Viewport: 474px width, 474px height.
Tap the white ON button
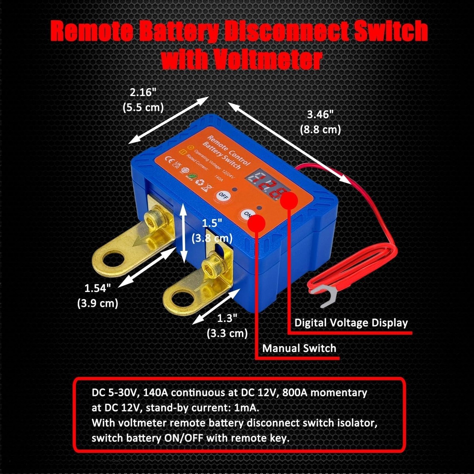coord(246,214)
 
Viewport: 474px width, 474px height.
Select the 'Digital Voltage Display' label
coord(351,323)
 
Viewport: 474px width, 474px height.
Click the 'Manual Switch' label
coord(299,348)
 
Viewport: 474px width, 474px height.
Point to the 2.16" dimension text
coord(143,92)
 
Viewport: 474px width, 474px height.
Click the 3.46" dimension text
coord(320,115)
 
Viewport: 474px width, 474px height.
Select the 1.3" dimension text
coord(227,318)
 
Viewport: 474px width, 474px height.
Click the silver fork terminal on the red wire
coord(325,295)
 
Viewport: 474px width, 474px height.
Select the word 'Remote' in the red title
coord(92,32)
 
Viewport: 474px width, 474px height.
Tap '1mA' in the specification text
coord(246,408)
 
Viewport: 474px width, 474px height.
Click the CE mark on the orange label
coord(167,160)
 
